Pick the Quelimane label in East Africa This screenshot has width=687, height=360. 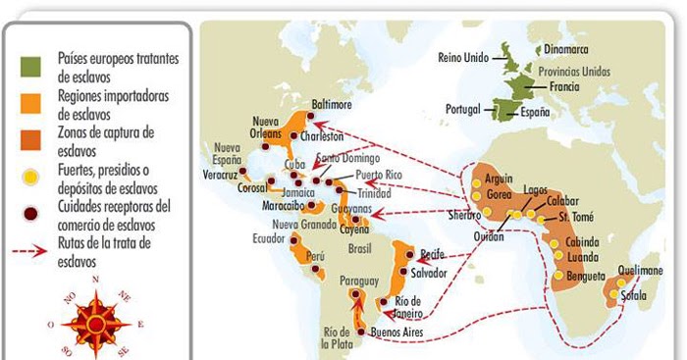(x=645, y=269)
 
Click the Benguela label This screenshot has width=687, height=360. (x=586, y=278)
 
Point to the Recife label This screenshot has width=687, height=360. (x=433, y=252)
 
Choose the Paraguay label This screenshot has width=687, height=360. (x=358, y=282)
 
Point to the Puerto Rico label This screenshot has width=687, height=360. (x=381, y=175)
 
